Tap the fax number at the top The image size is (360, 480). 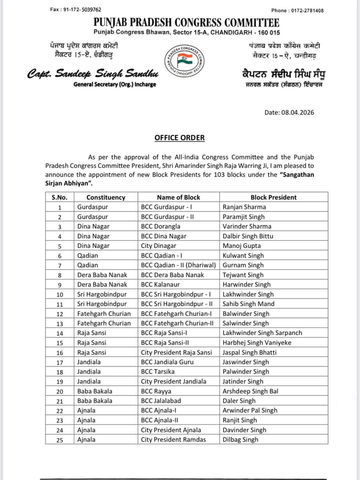pos(76,9)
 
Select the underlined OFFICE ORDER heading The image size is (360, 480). pos(179,138)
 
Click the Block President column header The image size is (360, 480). pos(273,197)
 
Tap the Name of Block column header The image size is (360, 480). pos(178,197)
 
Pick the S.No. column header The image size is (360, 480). pos(59,197)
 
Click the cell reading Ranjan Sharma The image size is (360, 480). pos(244,207)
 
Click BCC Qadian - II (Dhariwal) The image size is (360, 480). pos(178,265)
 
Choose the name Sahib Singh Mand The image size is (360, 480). pos(248,304)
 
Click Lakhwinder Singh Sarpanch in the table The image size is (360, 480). pos(262,333)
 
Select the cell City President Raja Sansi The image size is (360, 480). pos(176,352)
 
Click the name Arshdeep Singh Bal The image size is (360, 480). pos(250,391)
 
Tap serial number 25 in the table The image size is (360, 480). pos(59,440)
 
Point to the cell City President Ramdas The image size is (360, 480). pos(173,440)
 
